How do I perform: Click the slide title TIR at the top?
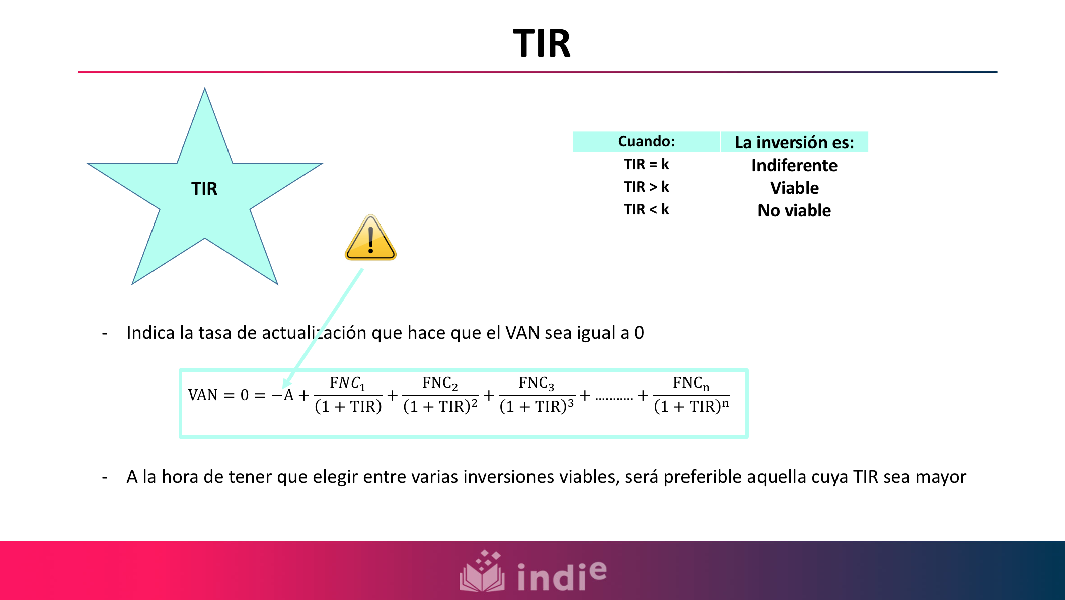point(542,44)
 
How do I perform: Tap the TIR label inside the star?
point(204,189)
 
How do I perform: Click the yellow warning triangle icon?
point(371,239)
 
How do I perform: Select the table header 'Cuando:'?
point(646,142)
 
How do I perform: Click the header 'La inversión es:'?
point(794,142)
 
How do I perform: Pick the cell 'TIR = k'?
point(646,165)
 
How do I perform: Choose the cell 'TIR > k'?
point(646,187)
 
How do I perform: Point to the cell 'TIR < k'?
point(646,209)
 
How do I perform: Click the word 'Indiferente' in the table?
point(794,166)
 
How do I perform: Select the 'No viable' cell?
point(794,210)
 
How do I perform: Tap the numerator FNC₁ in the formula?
point(347,384)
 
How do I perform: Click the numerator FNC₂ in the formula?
point(440,384)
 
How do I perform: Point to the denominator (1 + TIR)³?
point(537,406)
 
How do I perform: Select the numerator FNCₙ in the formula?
point(691,384)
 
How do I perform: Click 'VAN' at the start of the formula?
point(203,395)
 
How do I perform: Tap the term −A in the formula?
point(283,395)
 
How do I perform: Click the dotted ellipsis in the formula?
point(614,398)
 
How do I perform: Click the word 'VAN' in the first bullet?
point(522,333)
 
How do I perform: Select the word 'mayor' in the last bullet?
point(941,477)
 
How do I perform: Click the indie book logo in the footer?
point(482,572)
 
